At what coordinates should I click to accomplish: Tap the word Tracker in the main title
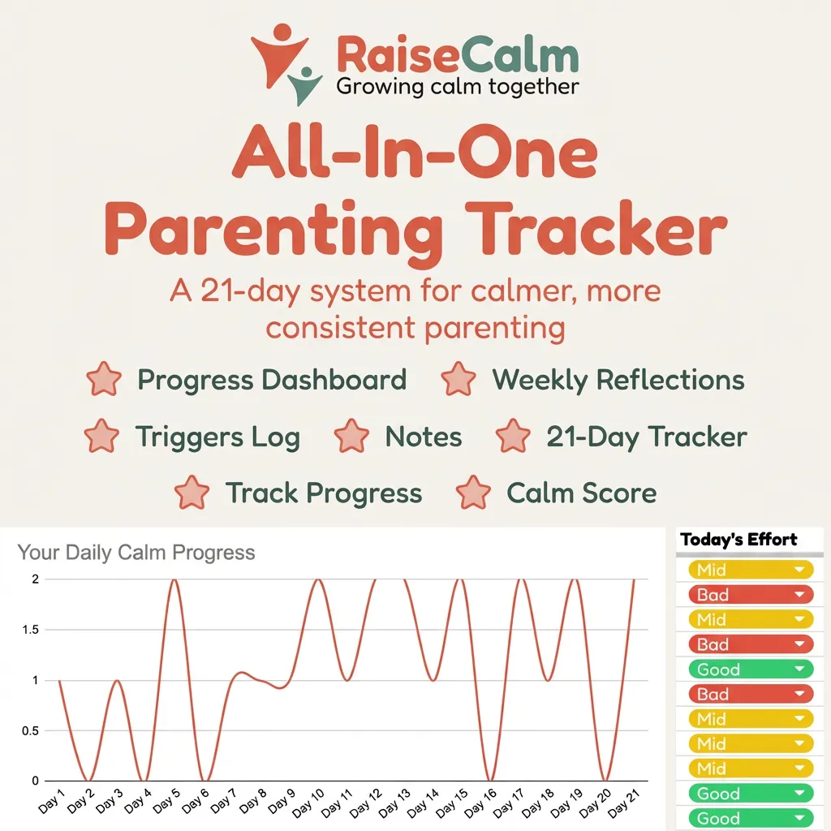(x=596, y=230)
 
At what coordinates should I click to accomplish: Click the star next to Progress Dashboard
(x=104, y=379)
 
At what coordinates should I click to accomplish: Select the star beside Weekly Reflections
(x=459, y=379)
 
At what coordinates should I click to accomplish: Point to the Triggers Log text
(x=217, y=437)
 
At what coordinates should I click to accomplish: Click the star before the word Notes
(x=351, y=436)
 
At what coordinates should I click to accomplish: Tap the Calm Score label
(x=581, y=493)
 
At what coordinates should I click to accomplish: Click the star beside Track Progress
(x=192, y=493)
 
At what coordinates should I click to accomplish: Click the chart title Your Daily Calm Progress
(x=136, y=552)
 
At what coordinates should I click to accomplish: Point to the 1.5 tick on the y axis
(x=30, y=630)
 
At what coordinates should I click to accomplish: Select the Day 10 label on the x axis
(x=308, y=803)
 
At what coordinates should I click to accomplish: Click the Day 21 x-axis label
(x=623, y=803)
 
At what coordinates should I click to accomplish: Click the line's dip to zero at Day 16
(x=490, y=780)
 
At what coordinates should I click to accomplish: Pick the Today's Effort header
(x=738, y=540)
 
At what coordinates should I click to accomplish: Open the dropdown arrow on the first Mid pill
(x=799, y=570)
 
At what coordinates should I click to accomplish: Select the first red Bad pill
(x=751, y=595)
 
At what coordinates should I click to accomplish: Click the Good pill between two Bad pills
(x=751, y=670)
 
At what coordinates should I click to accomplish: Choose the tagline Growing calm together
(x=458, y=86)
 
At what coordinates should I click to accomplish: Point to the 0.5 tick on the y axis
(x=30, y=731)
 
